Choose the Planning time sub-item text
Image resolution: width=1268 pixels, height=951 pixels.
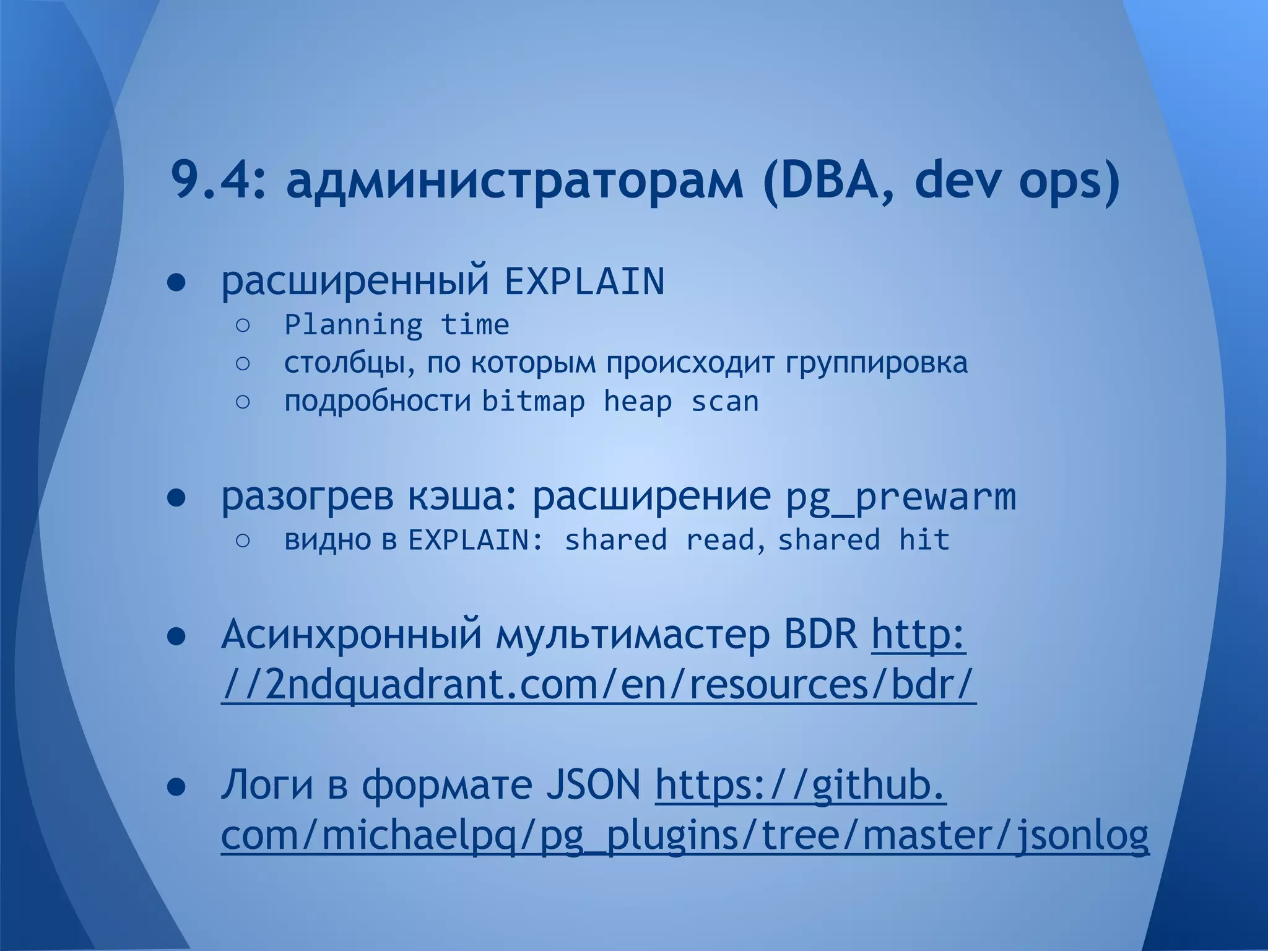396,325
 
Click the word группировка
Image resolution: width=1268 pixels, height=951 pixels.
876,363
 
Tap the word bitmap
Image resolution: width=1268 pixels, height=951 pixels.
533,402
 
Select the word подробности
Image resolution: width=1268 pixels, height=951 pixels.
377,402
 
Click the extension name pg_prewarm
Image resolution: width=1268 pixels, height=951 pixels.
901,497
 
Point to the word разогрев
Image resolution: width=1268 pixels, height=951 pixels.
307,497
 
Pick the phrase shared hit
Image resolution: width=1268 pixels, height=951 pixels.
863,540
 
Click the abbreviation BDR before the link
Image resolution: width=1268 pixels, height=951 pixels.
820,635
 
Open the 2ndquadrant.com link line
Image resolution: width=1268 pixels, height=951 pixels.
598,685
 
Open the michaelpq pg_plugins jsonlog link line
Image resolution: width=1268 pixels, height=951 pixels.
684,836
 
